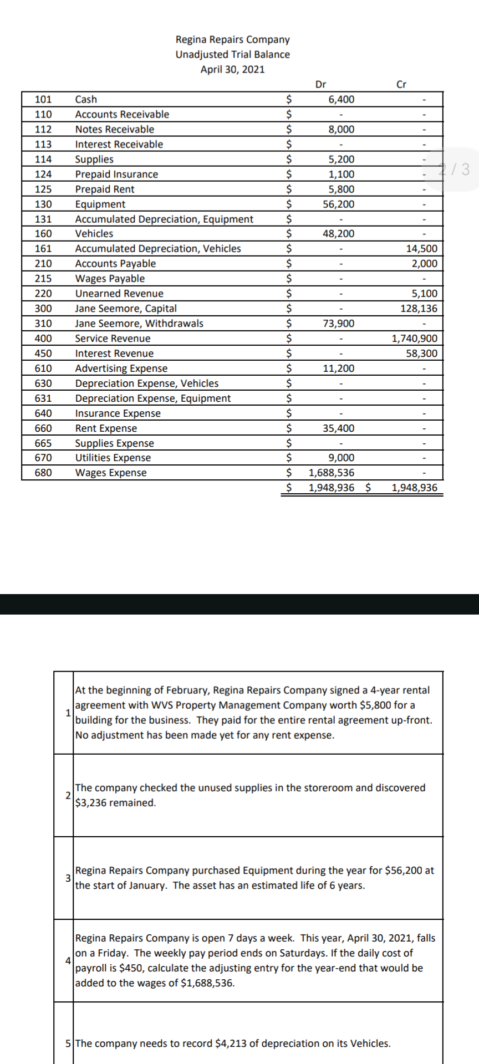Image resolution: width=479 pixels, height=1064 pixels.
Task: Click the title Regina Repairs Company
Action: click(x=232, y=39)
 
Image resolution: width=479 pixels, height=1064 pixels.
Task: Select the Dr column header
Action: click(x=320, y=84)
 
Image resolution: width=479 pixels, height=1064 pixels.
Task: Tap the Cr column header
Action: click(x=402, y=84)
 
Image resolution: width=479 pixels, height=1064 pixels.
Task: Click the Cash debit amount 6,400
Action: click(x=341, y=99)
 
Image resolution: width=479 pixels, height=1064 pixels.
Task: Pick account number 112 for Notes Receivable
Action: click(x=43, y=129)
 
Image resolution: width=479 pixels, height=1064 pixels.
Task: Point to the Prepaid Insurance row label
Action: click(x=116, y=174)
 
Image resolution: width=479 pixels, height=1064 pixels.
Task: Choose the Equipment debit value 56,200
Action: click(x=338, y=204)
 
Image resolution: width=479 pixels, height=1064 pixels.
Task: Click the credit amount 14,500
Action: click(x=421, y=249)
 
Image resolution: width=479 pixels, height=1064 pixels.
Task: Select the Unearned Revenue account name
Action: click(x=119, y=294)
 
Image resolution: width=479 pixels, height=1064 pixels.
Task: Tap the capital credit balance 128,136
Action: click(x=419, y=309)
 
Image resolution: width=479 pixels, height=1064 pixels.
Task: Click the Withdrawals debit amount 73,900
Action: click(x=338, y=324)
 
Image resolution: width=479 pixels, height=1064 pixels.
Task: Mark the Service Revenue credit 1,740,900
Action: click(x=414, y=339)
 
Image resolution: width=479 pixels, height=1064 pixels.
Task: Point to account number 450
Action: click(x=43, y=354)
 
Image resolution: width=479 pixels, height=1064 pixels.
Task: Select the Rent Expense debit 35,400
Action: click(x=338, y=428)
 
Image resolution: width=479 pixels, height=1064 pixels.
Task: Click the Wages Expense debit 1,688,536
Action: click(x=331, y=473)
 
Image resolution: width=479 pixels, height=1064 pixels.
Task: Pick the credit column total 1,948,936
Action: click(x=414, y=488)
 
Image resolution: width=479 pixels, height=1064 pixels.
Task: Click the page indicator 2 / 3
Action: click(x=454, y=169)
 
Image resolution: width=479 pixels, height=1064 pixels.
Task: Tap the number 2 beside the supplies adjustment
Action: click(x=68, y=795)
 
